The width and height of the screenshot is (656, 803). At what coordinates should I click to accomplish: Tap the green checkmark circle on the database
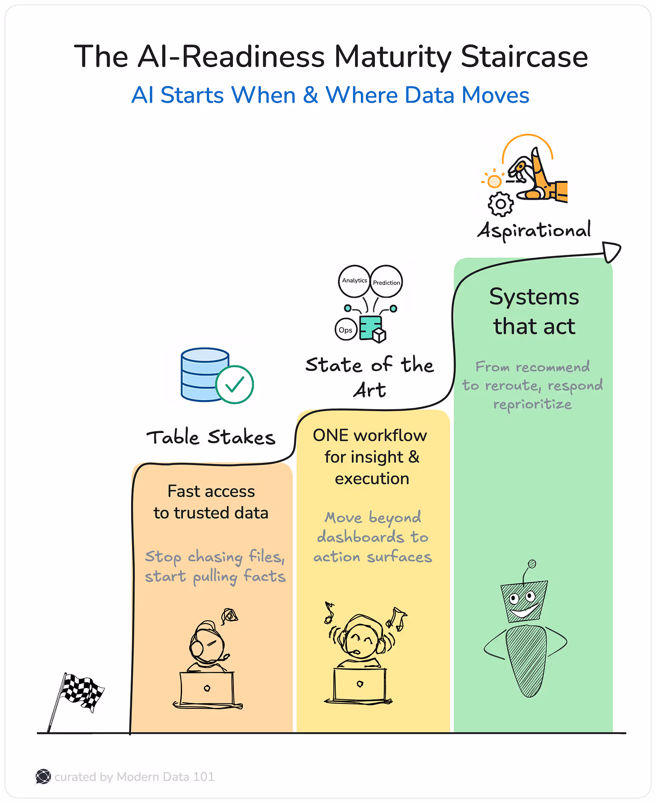pyautogui.click(x=234, y=384)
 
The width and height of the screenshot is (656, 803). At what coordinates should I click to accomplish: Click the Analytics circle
pyautogui.click(x=354, y=281)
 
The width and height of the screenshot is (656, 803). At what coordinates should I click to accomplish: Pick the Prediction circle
pyautogui.click(x=386, y=282)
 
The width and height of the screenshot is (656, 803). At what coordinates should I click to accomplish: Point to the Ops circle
pyautogui.click(x=346, y=330)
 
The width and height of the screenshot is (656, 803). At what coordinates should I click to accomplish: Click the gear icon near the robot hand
pyautogui.click(x=500, y=204)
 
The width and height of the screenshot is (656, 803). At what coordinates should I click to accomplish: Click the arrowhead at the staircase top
pyautogui.click(x=611, y=251)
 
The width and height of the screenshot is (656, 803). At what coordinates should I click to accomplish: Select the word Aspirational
pyautogui.click(x=534, y=230)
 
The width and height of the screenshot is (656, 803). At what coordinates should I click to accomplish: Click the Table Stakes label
pyautogui.click(x=211, y=438)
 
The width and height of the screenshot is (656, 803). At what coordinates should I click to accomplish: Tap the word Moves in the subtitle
pyautogui.click(x=495, y=96)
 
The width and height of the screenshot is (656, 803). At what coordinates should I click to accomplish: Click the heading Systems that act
pyautogui.click(x=534, y=311)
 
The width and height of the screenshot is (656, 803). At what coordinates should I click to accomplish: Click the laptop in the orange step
pyautogui.click(x=207, y=689)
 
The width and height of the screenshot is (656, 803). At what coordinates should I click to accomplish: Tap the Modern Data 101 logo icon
pyautogui.click(x=43, y=776)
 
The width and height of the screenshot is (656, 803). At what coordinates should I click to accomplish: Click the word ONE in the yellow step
pyautogui.click(x=330, y=436)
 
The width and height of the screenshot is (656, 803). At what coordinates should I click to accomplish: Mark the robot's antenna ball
pyautogui.click(x=532, y=564)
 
